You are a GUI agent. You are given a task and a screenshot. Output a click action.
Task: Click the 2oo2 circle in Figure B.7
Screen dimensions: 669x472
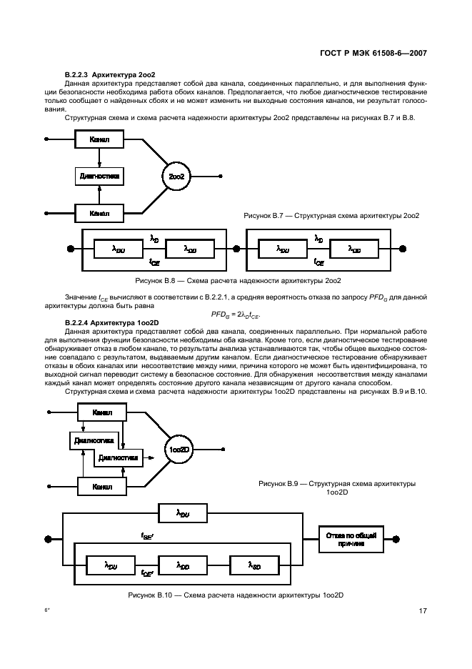[x=177, y=176]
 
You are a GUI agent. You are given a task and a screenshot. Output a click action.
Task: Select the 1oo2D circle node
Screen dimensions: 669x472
[x=178, y=450]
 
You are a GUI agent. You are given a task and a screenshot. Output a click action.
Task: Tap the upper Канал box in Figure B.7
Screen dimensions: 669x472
[x=99, y=140]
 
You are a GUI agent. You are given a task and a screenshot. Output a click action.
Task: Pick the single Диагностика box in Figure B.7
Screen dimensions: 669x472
[x=99, y=176]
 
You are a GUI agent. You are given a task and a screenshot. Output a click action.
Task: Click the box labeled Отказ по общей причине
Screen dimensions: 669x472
[x=349, y=538]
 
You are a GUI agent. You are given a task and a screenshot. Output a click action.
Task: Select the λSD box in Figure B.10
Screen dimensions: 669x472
[x=254, y=566]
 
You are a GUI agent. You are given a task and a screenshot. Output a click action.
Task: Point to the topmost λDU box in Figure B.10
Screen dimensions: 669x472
[x=183, y=512]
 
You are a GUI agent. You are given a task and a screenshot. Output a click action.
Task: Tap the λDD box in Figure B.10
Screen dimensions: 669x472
[x=183, y=566]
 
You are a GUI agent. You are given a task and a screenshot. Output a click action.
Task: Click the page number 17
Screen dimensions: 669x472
[x=423, y=610]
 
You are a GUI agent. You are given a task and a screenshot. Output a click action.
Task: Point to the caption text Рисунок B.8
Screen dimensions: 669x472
[x=165, y=280]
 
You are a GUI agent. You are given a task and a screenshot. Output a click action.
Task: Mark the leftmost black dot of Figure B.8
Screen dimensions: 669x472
[x=70, y=249]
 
